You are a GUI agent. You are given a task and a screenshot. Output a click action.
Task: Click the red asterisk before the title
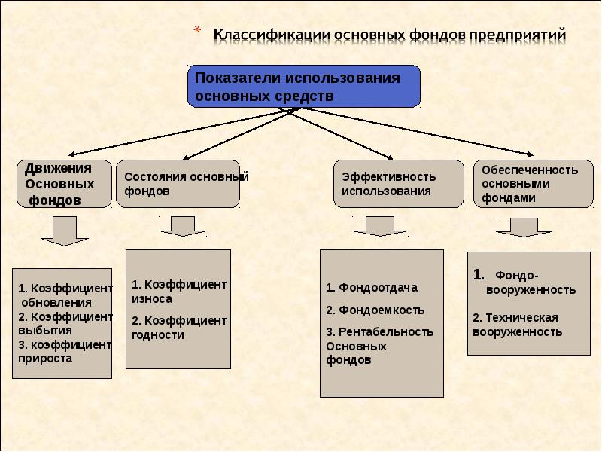click(197, 30)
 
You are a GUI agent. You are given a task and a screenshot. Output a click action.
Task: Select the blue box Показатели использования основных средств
click(304, 86)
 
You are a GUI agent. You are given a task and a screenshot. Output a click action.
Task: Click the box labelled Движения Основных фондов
click(64, 184)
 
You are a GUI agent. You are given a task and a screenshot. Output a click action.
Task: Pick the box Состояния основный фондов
click(178, 184)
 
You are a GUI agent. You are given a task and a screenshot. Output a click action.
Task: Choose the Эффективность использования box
click(399, 184)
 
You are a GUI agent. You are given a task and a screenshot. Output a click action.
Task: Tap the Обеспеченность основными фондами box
click(534, 184)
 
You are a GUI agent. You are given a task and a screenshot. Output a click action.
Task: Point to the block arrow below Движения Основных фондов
click(65, 231)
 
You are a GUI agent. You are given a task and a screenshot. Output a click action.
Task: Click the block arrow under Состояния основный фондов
click(183, 226)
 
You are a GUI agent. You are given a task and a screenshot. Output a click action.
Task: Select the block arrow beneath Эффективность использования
click(380, 226)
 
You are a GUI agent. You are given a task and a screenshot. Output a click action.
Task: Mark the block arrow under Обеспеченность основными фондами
click(524, 228)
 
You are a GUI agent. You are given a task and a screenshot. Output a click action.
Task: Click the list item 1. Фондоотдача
click(372, 288)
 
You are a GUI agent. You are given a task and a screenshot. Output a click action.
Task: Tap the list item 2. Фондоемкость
click(375, 310)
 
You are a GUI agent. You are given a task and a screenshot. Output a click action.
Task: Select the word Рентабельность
click(386, 331)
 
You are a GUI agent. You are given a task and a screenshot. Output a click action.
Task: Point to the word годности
click(158, 335)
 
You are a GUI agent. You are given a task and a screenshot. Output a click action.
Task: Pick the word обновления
click(56, 303)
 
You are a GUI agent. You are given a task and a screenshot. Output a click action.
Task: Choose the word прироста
click(45, 359)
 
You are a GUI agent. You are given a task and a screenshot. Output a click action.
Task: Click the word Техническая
click(521, 317)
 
